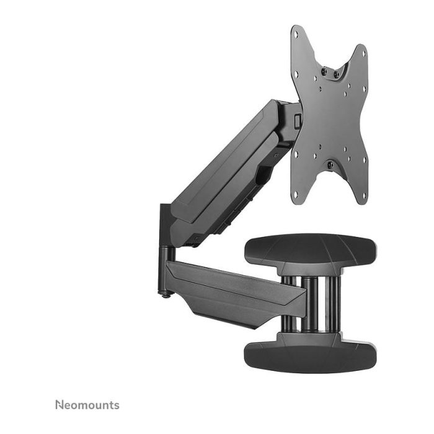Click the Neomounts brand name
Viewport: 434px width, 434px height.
click(87, 405)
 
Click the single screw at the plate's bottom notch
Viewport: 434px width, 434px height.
click(330, 165)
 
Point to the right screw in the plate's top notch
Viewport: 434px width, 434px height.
click(337, 75)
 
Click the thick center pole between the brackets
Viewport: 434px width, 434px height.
click(309, 304)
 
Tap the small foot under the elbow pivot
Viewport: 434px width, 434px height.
click(164, 294)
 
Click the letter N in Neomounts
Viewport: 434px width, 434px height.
click(60, 405)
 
